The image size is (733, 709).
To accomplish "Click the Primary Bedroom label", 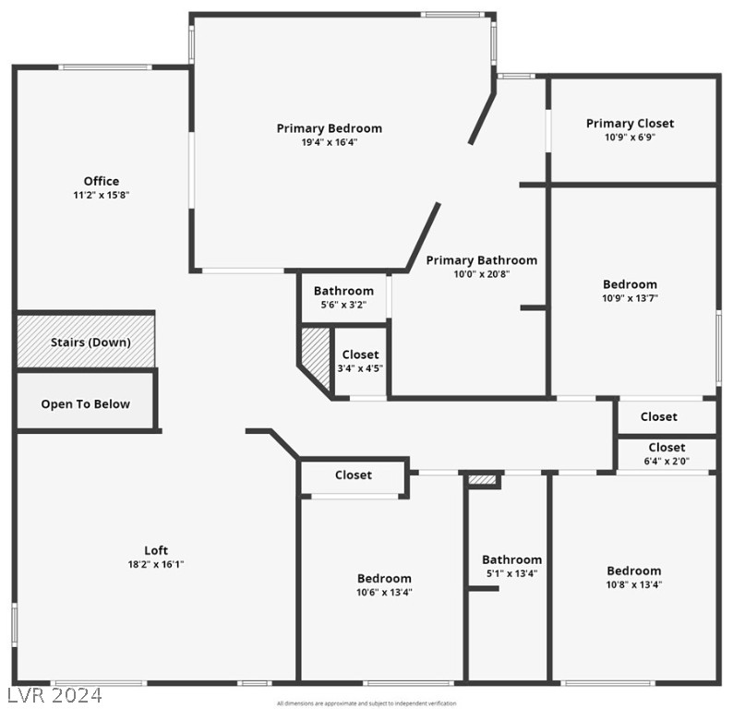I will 330,128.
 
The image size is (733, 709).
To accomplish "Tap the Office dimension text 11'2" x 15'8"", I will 102,195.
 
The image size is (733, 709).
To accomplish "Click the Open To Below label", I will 85,404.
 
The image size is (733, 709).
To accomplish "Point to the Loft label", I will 156,550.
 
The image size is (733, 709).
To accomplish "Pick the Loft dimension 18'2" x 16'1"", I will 156,564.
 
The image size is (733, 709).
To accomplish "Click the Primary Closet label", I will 630,123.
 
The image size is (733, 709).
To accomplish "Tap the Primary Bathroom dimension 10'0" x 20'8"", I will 480,274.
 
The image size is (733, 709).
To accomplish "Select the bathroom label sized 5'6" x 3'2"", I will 343,291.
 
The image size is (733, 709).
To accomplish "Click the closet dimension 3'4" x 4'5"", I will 360,368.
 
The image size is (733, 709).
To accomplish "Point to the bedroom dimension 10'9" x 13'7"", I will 630,298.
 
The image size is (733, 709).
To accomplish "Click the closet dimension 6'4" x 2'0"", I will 666,461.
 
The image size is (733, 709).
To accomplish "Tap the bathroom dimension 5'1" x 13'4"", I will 511,573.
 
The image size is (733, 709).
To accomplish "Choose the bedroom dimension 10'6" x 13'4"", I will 384,593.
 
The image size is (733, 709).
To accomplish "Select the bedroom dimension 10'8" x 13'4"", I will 633,584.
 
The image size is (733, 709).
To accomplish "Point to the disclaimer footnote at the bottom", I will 366,703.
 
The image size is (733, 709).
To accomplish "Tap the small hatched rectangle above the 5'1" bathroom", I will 482,480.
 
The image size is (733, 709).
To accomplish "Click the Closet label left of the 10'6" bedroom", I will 354,475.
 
